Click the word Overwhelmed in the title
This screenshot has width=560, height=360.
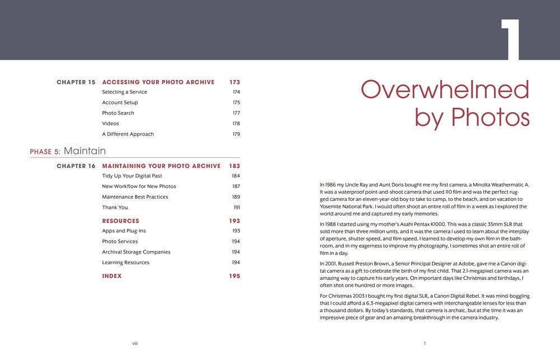[445, 90]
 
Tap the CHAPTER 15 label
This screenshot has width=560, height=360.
[76, 82]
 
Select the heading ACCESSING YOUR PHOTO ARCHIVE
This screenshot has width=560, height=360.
[158, 82]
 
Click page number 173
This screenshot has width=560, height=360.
[235, 82]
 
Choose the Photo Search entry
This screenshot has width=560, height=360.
[118, 113]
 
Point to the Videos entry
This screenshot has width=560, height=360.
[110, 124]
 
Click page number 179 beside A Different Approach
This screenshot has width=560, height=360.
[236, 134]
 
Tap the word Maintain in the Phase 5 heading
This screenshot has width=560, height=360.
[85, 151]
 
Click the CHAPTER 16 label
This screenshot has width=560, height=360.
[76, 166]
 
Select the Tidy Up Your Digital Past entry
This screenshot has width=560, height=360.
[132, 176]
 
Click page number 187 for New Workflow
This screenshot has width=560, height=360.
[236, 186]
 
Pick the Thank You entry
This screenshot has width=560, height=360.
[115, 208]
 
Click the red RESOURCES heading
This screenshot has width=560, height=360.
[120, 221]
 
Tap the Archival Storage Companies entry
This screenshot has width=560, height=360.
[136, 252]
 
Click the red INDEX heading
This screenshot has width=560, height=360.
[112, 276]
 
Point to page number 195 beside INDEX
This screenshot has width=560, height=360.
[235, 276]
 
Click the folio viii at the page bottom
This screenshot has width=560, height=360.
[135, 343]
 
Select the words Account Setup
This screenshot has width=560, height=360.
[120, 103]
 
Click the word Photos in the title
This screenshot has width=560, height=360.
[491, 117]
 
